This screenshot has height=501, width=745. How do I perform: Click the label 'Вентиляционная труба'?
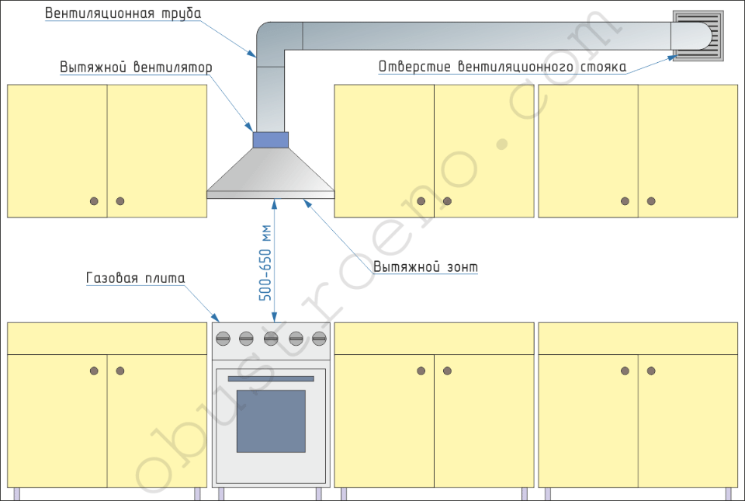click(123, 14)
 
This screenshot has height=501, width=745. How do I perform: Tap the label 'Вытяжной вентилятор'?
click(136, 68)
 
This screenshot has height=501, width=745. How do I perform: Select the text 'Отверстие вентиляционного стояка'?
click(502, 67)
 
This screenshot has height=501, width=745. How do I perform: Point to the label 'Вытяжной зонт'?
click(425, 267)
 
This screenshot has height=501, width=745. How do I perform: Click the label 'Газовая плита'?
click(135, 277)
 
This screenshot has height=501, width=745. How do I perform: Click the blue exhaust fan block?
click(270, 139)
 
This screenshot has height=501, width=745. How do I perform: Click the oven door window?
click(271, 421)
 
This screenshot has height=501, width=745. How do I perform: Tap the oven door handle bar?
click(271, 378)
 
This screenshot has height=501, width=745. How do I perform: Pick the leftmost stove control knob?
click(223, 338)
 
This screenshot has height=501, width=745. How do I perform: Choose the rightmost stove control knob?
click(319, 338)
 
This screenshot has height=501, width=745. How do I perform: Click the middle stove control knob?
click(271, 338)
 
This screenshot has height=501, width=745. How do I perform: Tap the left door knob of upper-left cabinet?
click(95, 201)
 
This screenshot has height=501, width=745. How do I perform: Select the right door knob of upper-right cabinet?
click(651, 201)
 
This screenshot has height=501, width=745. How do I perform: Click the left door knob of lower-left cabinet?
click(95, 371)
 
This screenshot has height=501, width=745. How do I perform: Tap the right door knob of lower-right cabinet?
click(651, 371)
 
